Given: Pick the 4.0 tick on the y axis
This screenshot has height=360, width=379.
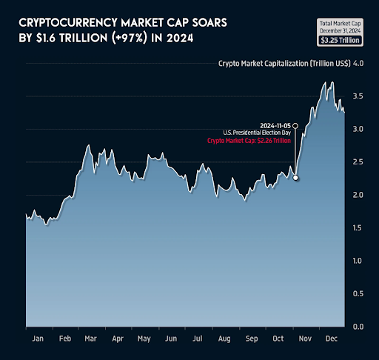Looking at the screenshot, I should click(x=358, y=64).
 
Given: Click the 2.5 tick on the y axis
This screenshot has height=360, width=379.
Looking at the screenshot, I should click(x=358, y=162).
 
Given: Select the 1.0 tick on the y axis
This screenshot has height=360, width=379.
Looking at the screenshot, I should click(x=358, y=261).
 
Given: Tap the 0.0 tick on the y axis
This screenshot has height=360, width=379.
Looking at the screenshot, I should click(x=358, y=327).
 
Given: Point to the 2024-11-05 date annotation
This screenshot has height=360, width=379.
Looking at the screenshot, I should click(x=274, y=124).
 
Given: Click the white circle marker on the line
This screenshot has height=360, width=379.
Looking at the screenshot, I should click(x=295, y=178).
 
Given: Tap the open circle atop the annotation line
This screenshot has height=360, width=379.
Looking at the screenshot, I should click(x=295, y=124).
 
